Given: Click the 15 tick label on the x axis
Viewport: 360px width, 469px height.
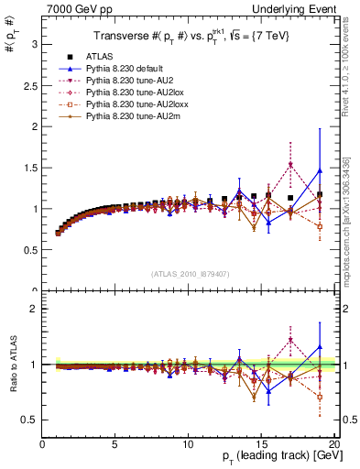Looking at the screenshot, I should coord(261,444).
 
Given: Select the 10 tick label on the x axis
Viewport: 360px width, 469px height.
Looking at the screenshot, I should coord(188,444).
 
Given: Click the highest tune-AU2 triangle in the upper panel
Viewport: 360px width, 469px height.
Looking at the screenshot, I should coord(290,165).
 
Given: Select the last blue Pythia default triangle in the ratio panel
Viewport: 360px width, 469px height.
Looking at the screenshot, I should coord(320,347).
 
